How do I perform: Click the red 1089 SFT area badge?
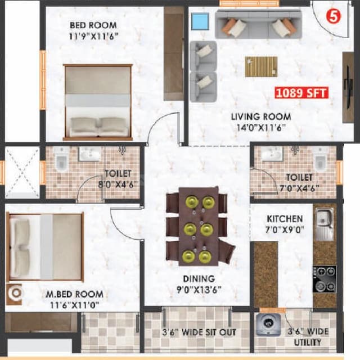click(301, 93)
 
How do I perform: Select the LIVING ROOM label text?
click(261, 122)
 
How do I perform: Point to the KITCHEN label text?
click(285, 224)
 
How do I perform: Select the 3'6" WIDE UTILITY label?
click(306, 336)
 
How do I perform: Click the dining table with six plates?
click(198, 227)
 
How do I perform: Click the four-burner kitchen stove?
click(325, 279)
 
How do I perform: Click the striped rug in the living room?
click(261, 66)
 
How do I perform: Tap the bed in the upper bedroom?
click(98, 102)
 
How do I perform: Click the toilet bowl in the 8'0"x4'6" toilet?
click(60, 161)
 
